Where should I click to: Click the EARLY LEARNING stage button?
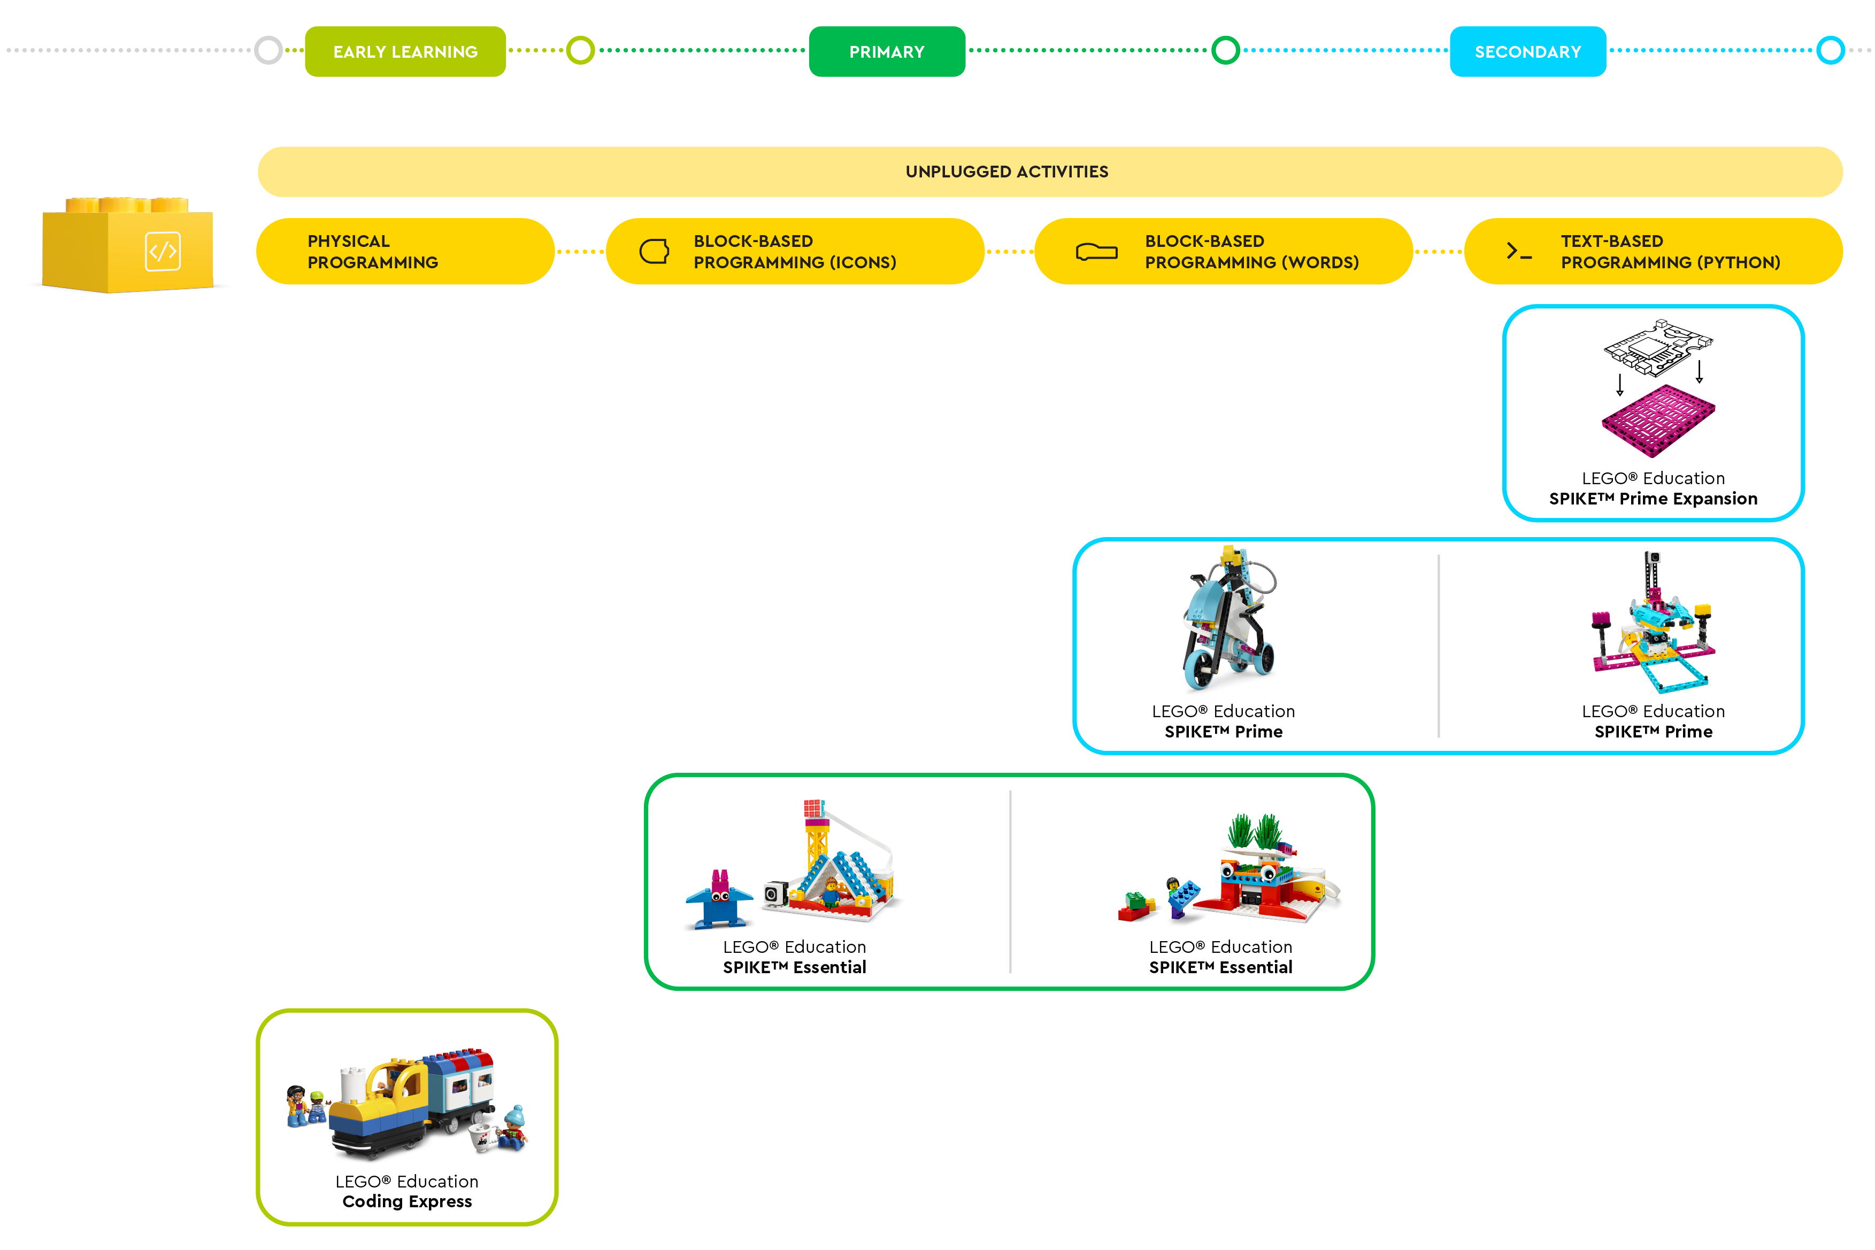click(405, 52)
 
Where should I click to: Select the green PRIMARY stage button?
click(886, 52)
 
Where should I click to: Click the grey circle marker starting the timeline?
click(269, 50)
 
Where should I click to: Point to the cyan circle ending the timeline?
click(1830, 50)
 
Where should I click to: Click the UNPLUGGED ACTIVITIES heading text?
click(1006, 172)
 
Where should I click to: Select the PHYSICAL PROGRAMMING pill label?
click(372, 251)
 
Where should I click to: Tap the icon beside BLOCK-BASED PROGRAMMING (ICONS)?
click(654, 251)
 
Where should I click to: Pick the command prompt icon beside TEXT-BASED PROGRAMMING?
click(1518, 251)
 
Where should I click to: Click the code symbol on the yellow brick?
click(163, 252)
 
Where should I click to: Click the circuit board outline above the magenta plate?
click(1657, 347)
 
